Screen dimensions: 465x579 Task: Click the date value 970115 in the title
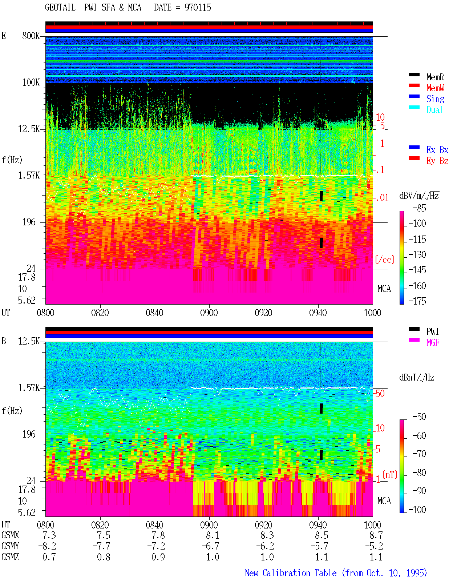(197, 8)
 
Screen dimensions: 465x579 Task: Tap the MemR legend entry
(435, 77)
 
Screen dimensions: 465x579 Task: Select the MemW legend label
(435, 88)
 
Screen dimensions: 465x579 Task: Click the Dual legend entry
(434, 110)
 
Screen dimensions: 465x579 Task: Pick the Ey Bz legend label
(437, 161)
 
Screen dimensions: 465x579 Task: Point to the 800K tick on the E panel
(31, 36)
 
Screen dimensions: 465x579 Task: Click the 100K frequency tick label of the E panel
(31, 83)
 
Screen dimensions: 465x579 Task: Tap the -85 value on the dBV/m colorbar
(419, 208)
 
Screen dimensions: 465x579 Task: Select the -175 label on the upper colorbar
(417, 301)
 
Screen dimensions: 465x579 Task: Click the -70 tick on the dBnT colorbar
(419, 454)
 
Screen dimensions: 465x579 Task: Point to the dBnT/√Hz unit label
(417, 377)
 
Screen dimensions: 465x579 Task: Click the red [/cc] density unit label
(385, 260)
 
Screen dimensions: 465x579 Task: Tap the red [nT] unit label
(390, 475)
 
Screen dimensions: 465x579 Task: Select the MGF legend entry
(433, 342)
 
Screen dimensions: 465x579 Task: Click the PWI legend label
(433, 331)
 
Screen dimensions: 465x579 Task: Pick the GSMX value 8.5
(322, 535)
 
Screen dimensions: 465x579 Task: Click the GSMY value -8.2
(47, 546)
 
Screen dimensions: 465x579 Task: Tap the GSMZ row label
(10, 557)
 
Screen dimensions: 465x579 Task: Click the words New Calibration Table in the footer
(291, 573)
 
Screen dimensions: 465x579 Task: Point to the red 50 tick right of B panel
(380, 393)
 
